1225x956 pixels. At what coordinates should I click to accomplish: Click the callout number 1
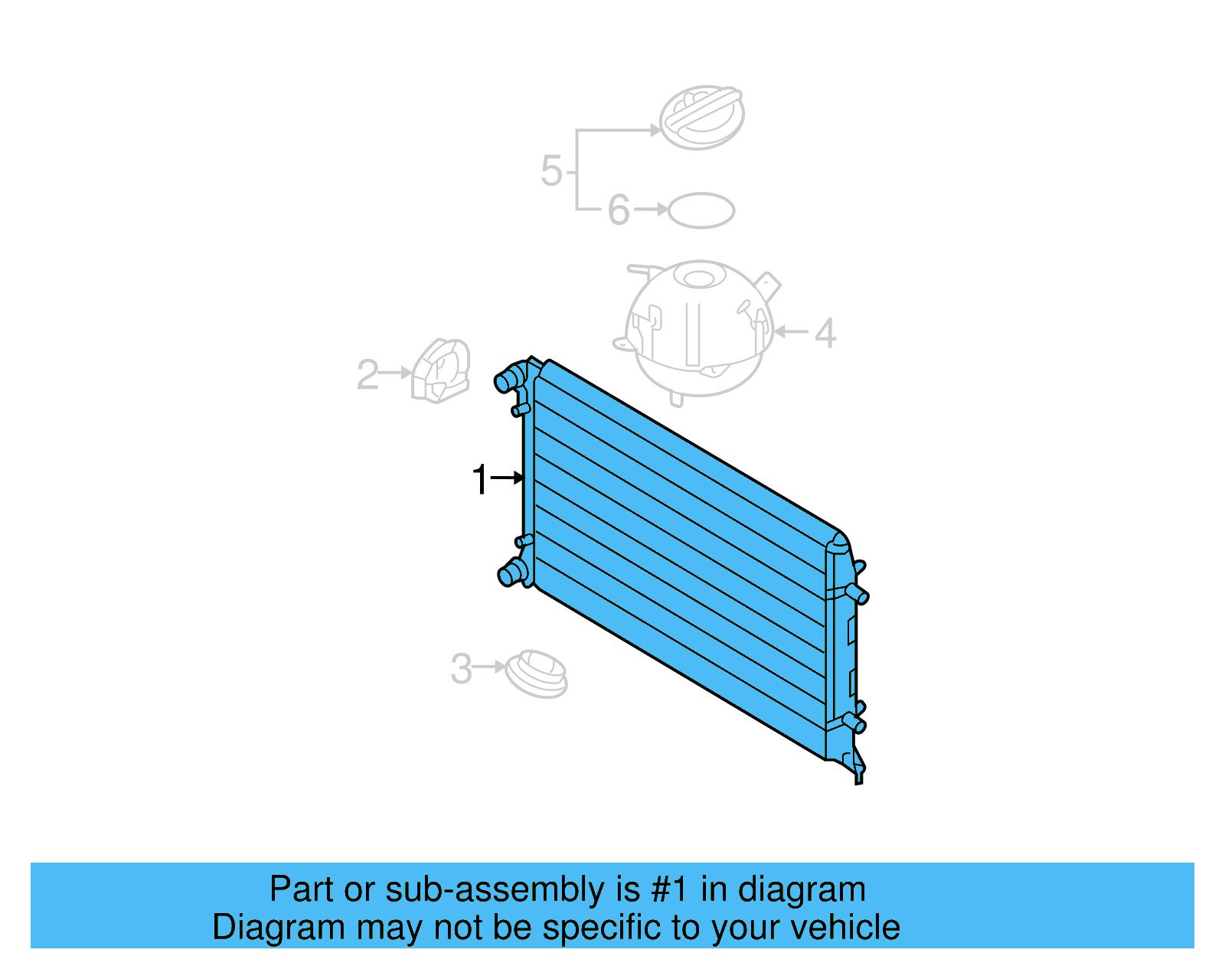click(480, 480)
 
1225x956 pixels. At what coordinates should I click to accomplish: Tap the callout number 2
click(367, 374)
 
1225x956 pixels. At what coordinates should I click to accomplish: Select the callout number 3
click(461, 668)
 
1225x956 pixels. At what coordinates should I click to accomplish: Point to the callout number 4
click(825, 333)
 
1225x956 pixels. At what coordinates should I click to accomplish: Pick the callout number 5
click(551, 171)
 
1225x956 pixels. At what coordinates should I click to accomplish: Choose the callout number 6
click(619, 210)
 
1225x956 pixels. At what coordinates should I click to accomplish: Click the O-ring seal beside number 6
click(701, 210)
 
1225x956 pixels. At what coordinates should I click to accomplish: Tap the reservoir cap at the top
click(701, 118)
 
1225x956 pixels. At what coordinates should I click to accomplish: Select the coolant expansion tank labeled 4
click(697, 329)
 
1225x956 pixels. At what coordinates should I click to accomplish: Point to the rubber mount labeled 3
click(537, 674)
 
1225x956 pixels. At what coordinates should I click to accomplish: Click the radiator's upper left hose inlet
click(506, 380)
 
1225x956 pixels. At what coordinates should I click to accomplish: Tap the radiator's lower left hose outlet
click(508, 573)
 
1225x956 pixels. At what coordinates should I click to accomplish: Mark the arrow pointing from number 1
click(507, 478)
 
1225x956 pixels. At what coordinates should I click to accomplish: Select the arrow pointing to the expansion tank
click(792, 332)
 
